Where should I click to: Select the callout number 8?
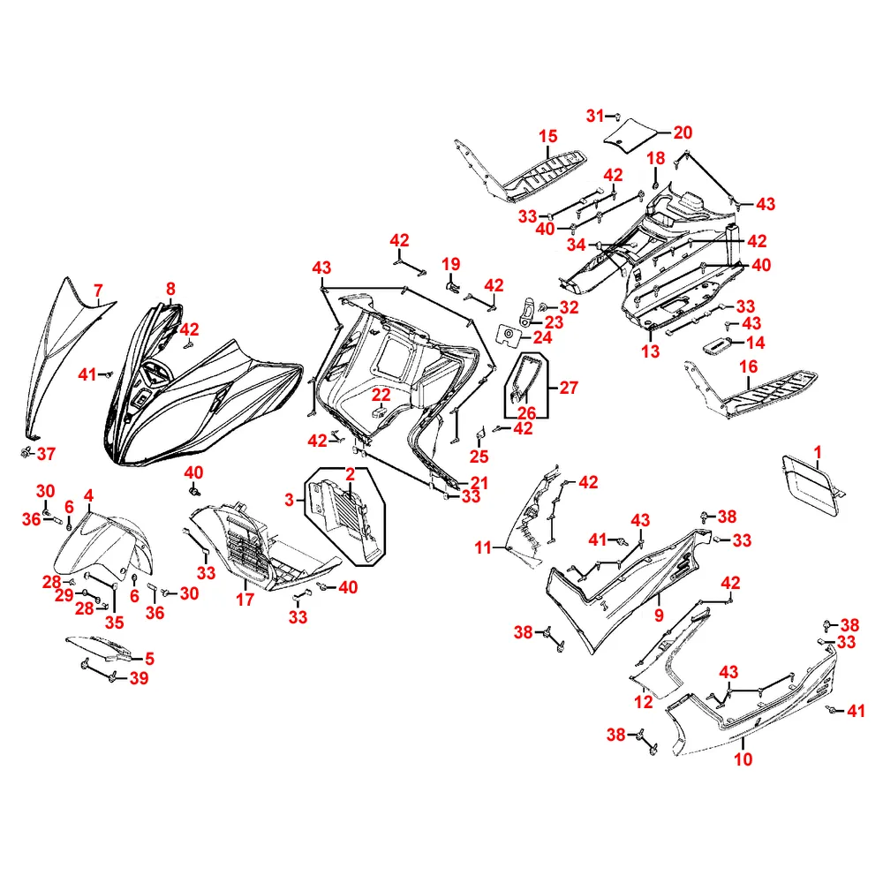click(x=170, y=288)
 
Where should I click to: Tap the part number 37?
click(x=45, y=454)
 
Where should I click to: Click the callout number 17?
click(x=244, y=600)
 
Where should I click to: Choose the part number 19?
click(x=451, y=264)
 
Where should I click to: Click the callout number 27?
click(x=569, y=387)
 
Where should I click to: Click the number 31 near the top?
click(x=596, y=116)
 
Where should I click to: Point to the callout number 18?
click(x=655, y=158)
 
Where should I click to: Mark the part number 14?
click(x=757, y=343)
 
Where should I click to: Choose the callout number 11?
click(x=482, y=548)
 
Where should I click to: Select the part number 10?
click(x=743, y=758)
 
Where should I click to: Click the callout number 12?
click(x=643, y=702)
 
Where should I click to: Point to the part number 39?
click(x=139, y=678)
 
